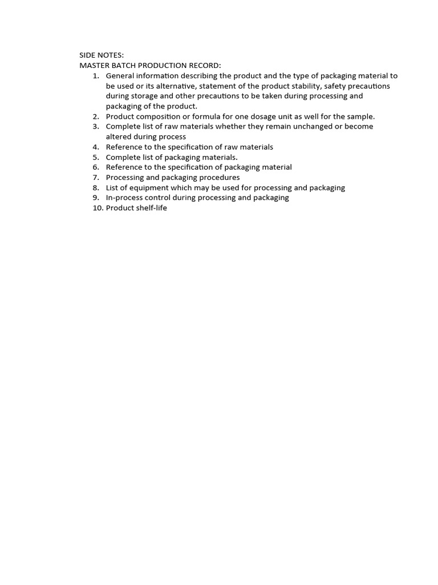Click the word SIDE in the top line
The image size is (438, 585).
point(87,55)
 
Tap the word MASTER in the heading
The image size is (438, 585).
point(94,66)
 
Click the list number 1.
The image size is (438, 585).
point(96,76)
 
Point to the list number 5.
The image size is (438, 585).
point(96,157)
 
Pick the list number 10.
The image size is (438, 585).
point(98,208)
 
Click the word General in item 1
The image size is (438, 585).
point(121,76)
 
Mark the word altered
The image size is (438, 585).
point(119,137)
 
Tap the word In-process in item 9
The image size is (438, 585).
point(125,198)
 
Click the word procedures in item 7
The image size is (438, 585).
point(217,178)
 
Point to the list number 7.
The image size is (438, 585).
point(96,178)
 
